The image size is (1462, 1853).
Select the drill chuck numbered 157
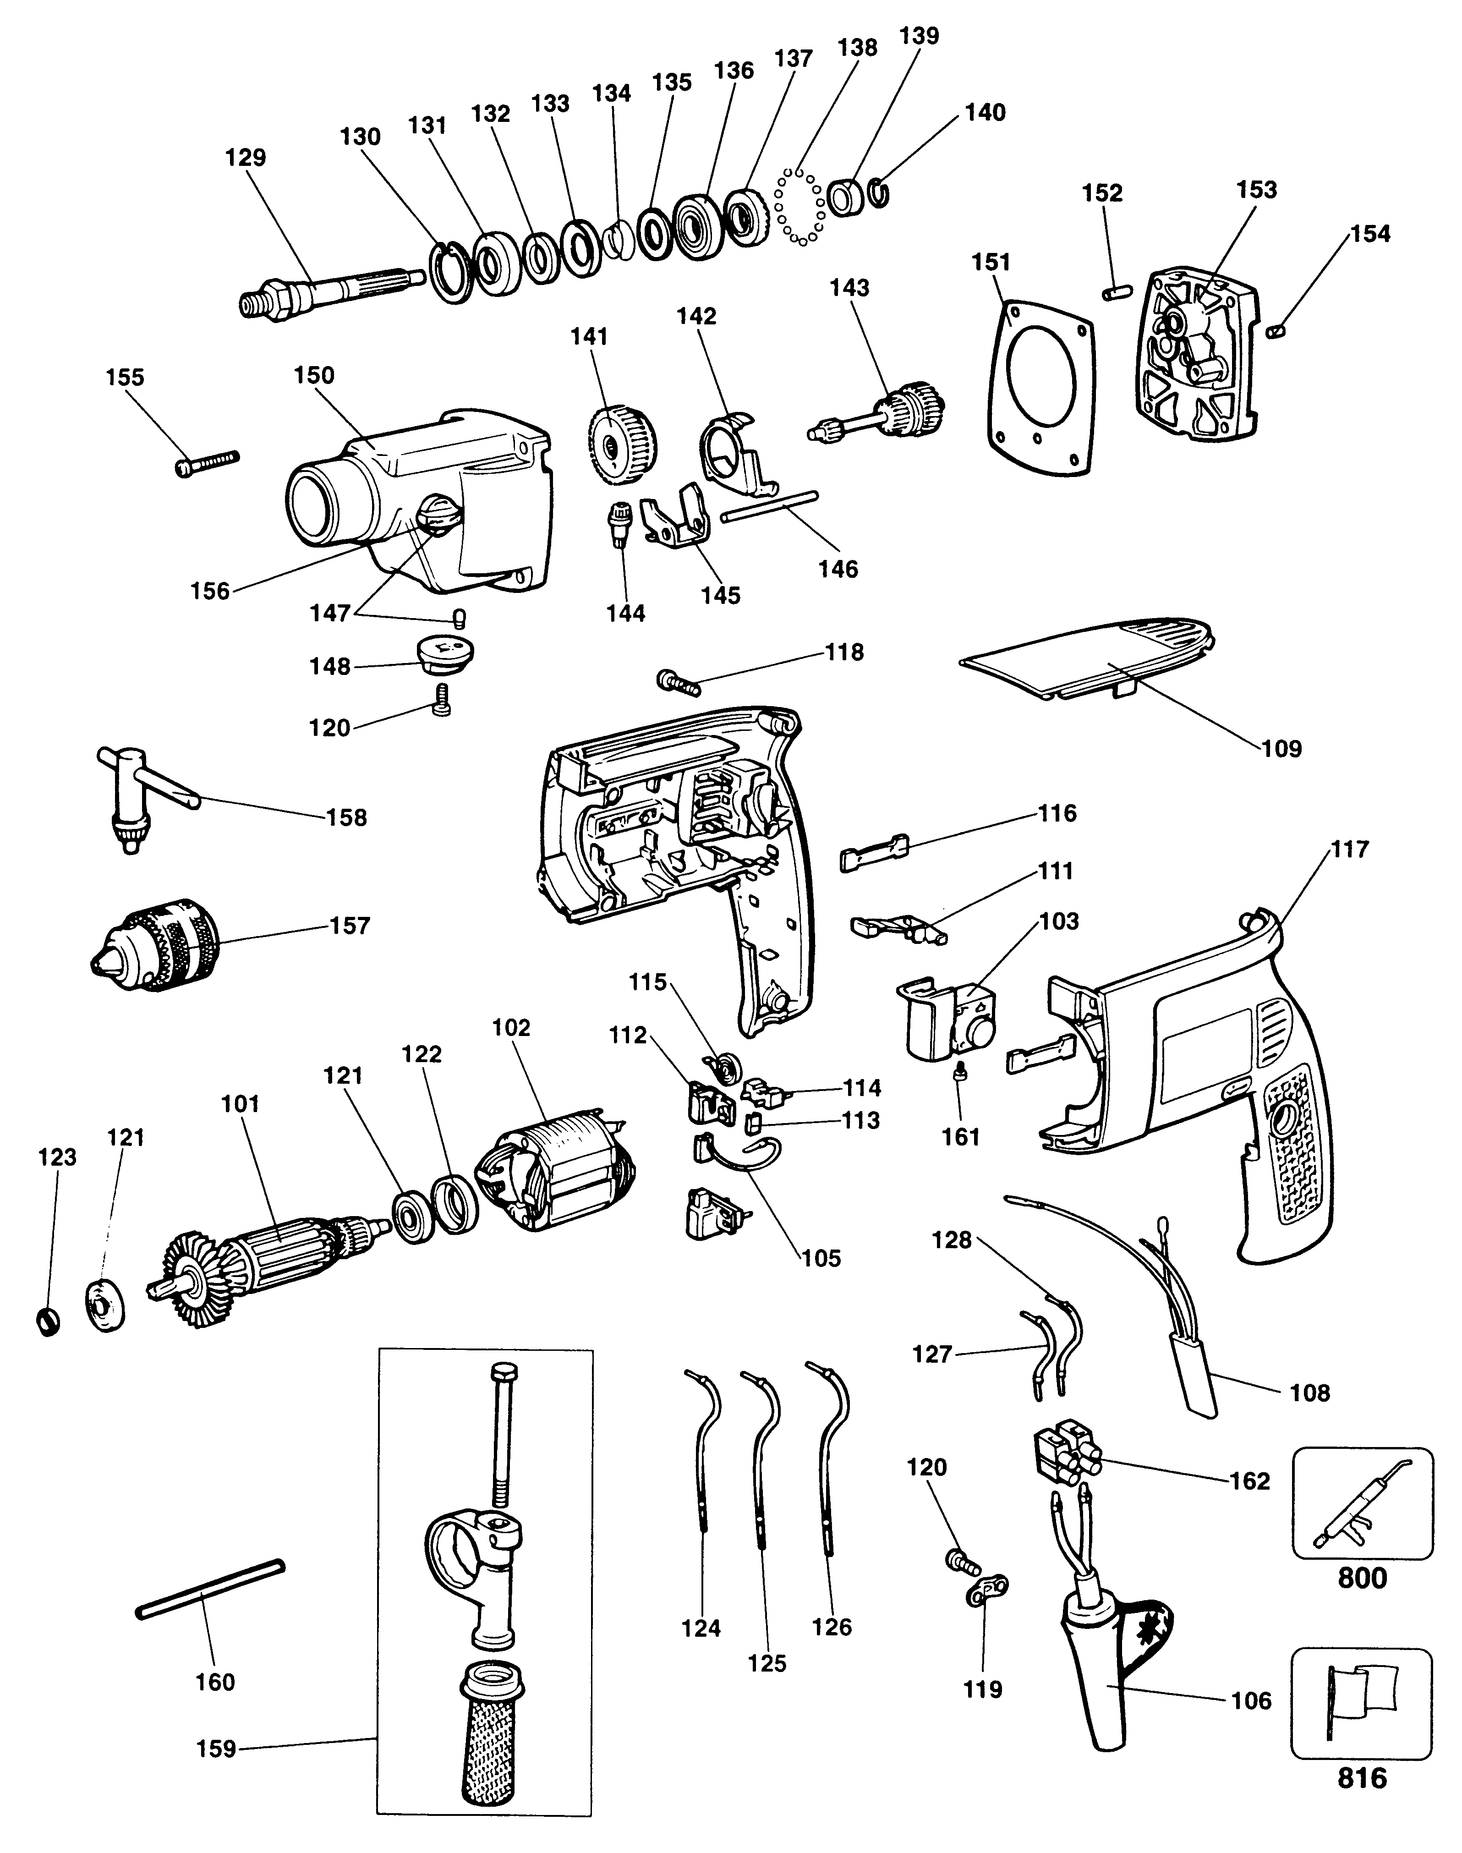pyautogui.click(x=159, y=944)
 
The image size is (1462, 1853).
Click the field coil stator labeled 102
pyautogui.click(x=556, y=1173)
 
